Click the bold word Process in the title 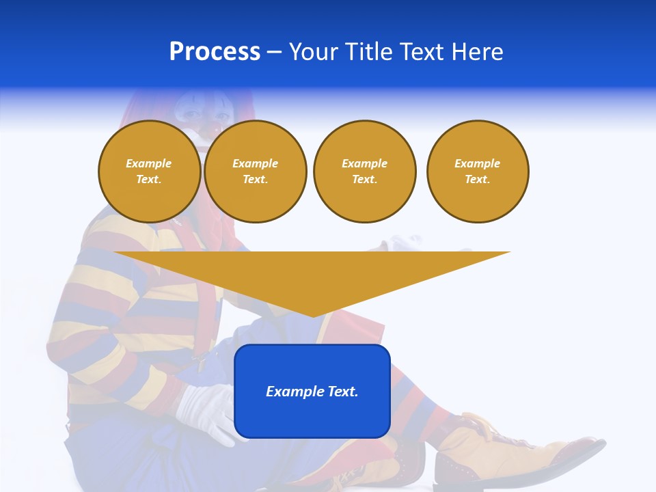[x=215, y=52]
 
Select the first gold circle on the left [x=149, y=171]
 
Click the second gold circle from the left [x=255, y=171]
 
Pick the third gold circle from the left [x=364, y=171]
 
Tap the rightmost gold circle [x=477, y=171]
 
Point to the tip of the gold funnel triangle [x=312, y=316]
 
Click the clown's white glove [x=205, y=410]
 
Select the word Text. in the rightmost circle [x=477, y=179]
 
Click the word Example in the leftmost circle [x=149, y=163]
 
